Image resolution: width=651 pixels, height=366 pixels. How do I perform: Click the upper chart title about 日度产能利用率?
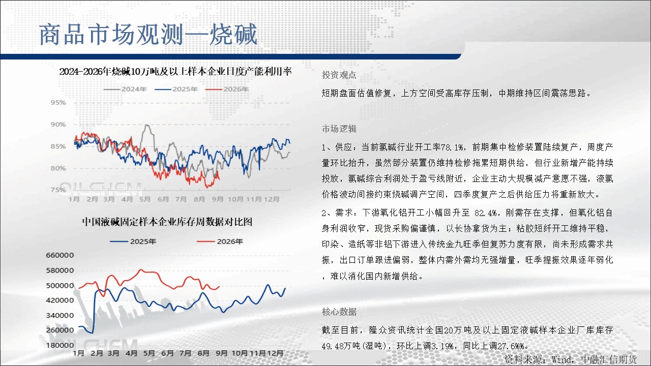175,72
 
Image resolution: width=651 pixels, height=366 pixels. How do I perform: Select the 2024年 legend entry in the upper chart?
125,89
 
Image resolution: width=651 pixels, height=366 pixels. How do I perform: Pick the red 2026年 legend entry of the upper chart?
227,89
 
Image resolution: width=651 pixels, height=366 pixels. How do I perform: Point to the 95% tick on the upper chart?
58,103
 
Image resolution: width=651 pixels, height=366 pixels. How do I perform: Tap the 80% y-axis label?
58,168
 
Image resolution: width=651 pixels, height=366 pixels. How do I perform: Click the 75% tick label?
58,190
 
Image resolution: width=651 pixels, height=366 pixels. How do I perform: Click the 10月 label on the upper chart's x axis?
235,199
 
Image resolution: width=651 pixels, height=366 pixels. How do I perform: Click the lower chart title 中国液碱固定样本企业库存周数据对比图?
167,222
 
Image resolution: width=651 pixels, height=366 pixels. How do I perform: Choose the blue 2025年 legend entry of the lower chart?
133,241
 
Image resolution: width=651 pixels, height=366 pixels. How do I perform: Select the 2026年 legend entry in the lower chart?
220,241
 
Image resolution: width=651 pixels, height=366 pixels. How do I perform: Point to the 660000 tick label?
60,255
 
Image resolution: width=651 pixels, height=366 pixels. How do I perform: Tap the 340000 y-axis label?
60,316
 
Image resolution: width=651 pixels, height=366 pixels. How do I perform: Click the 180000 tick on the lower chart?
60,345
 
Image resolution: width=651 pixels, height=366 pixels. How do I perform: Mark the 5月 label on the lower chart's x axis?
149,353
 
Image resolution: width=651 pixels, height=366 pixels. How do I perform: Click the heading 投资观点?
339,75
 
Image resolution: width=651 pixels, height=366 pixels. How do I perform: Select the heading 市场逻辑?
339,129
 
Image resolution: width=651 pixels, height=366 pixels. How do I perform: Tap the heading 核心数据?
339,312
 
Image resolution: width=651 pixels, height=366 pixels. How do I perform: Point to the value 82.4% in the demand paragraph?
486,213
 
